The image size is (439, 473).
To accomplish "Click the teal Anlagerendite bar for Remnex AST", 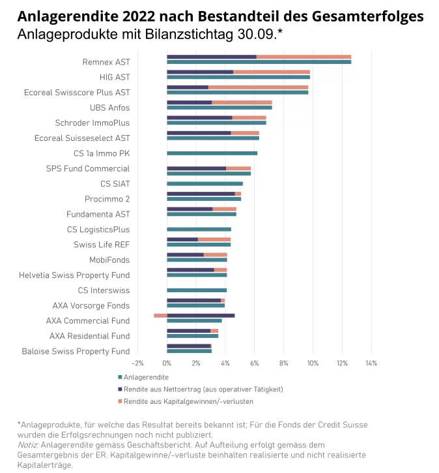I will coord(259,62).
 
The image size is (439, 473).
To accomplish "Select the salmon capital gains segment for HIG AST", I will coord(272,72).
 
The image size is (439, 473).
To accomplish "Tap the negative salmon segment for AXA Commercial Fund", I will coord(160,315).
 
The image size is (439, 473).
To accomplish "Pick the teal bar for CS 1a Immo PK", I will coord(212,153).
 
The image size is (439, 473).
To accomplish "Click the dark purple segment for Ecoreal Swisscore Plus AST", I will coord(188,87).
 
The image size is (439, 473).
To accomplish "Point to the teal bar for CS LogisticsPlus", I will coord(199,230).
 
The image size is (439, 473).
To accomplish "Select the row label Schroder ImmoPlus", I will coord(92,123).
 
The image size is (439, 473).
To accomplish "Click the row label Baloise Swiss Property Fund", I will coord(76,352).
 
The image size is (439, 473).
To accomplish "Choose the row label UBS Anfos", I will coord(109,108).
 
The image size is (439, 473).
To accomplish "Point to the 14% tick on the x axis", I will coord(371,363).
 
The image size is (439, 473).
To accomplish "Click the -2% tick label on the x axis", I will coord(137,363).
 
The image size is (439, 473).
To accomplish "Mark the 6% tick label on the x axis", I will coord(254,363).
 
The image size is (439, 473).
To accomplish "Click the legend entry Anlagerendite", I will coord(147,377).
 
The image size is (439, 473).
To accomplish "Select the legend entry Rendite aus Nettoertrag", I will coord(202,389).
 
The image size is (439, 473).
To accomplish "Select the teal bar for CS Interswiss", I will coord(197,290).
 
